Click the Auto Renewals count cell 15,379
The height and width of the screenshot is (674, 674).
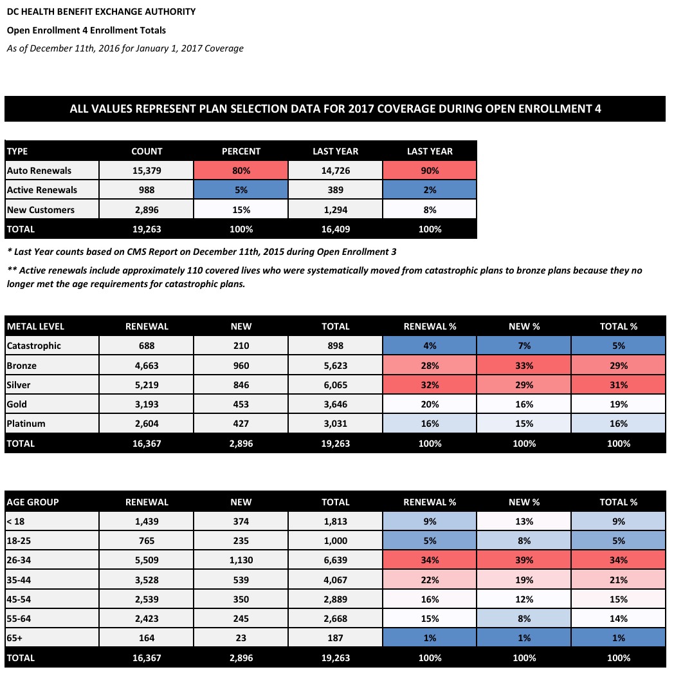point(147,171)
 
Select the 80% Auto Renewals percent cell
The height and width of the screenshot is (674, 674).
point(241,171)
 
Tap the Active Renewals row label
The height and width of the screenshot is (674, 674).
point(42,190)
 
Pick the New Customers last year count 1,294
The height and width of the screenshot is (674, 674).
point(335,210)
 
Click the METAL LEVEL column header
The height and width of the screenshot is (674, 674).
point(35,326)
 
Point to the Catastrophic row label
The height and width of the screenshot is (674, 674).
point(33,346)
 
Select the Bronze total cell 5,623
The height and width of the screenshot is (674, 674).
point(335,366)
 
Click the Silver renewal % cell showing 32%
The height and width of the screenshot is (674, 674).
point(430,385)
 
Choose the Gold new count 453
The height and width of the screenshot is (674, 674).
point(241,405)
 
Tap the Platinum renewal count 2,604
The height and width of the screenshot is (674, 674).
point(147,424)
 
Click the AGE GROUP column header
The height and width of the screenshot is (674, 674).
point(33,502)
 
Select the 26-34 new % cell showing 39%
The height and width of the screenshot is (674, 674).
point(524,560)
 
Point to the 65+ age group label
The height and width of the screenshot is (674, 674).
point(16,639)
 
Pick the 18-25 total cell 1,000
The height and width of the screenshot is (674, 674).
point(335,541)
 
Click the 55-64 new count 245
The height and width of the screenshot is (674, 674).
point(241,619)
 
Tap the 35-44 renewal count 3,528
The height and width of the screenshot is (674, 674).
point(147,580)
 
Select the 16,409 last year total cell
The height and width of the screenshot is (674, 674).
point(335,229)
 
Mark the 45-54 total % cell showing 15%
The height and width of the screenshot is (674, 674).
point(619,599)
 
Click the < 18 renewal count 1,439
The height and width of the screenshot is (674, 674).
point(147,521)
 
